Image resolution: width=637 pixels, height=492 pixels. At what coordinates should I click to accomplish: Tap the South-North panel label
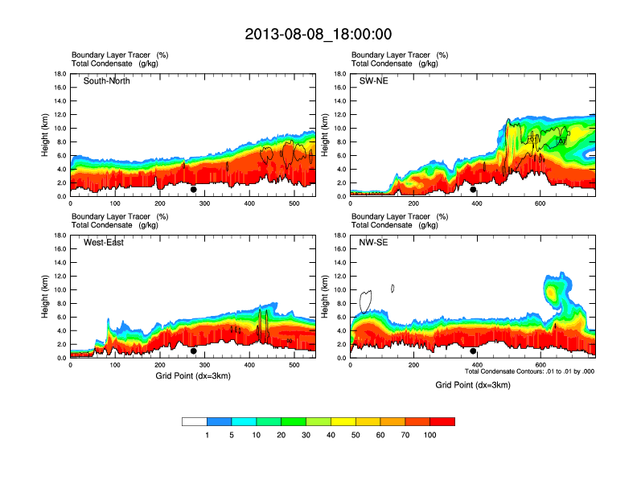pyautogui.click(x=107, y=81)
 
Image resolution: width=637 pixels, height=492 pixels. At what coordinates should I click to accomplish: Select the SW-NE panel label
pyautogui.click(x=373, y=81)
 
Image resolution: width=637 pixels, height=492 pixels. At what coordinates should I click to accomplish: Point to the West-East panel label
pyautogui.click(x=104, y=243)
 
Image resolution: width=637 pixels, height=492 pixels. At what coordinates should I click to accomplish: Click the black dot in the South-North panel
pyautogui.click(x=193, y=190)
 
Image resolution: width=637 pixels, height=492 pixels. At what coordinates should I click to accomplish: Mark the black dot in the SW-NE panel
pyautogui.click(x=473, y=190)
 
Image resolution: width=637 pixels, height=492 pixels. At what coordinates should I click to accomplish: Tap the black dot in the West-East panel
pyautogui.click(x=193, y=351)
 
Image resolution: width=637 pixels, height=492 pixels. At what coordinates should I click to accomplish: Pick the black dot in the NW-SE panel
pyautogui.click(x=473, y=351)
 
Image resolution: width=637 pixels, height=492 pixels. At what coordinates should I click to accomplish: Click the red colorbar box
pyautogui.click(x=442, y=421)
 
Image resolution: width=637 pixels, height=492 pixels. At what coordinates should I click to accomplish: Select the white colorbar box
pyautogui.click(x=195, y=421)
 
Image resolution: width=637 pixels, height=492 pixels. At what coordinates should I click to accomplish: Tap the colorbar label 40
pyautogui.click(x=331, y=435)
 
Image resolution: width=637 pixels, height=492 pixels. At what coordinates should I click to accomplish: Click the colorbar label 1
pyautogui.click(x=208, y=435)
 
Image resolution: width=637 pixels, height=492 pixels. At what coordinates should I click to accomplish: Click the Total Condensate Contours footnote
pyautogui.click(x=529, y=371)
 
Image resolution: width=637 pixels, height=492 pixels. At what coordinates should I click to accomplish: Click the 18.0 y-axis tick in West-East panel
pyautogui.click(x=60, y=236)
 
